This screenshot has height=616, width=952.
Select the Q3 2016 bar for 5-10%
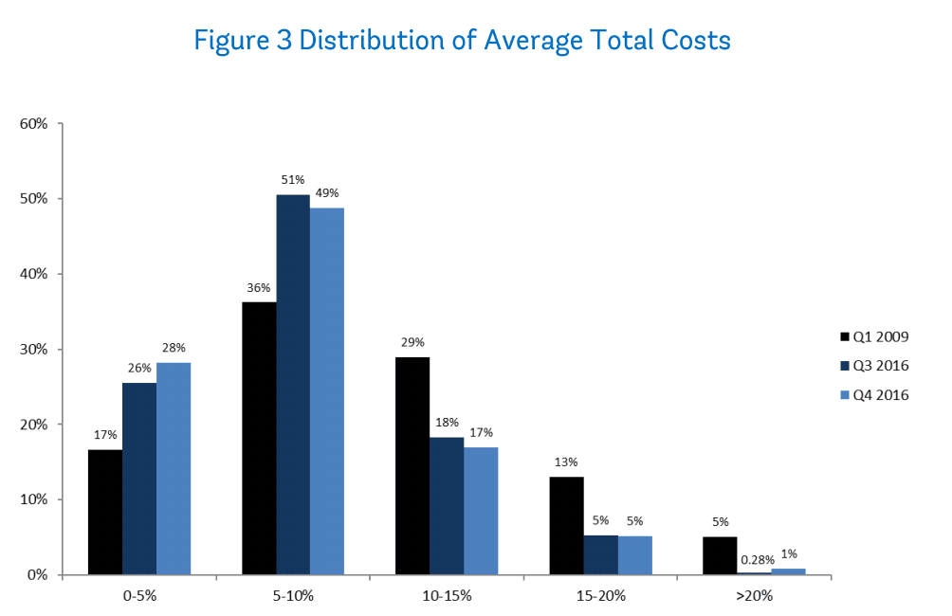coord(293,384)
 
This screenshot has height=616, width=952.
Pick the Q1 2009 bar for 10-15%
coord(412,465)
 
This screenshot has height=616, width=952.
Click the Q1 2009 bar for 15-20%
coord(566,525)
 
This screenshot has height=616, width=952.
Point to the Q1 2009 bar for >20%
coord(720,555)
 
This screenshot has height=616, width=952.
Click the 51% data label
coord(293,180)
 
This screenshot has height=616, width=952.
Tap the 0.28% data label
coord(754,559)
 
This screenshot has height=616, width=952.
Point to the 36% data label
coord(259,288)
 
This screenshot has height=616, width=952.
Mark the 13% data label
coord(566,462)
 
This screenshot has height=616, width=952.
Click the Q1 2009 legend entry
coord(875,335)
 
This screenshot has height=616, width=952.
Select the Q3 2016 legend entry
coord(875,366)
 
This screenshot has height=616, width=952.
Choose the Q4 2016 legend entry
coord(875,395)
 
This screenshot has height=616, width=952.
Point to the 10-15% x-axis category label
coord(447,595)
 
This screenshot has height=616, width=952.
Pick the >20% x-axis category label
coord(754,595)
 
